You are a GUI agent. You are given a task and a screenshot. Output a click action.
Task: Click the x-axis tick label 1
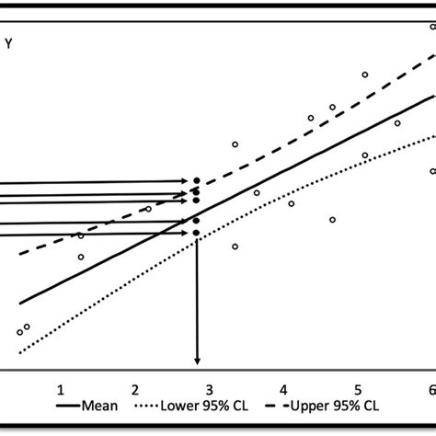click(60, 390)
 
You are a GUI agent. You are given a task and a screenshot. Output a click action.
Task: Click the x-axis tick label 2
click(135, 390)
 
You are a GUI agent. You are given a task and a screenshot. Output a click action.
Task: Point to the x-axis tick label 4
click(284, 390)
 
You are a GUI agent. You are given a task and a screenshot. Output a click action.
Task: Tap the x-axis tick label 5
click(359, 390)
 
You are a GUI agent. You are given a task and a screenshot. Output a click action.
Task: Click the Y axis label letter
click(8, 40)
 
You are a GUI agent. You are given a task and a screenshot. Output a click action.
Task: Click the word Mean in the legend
click(98, 406)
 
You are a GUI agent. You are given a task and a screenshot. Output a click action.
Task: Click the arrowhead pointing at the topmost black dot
click(187, 181)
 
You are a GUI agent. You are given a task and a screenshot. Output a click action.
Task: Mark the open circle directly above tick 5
click(365, 75)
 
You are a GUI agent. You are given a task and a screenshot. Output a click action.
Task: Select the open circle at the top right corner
click(432, 27)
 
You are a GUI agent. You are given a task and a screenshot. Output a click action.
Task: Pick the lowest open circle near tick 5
click(365, 155)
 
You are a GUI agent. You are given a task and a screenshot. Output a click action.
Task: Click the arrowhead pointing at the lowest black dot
click(187, 234)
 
